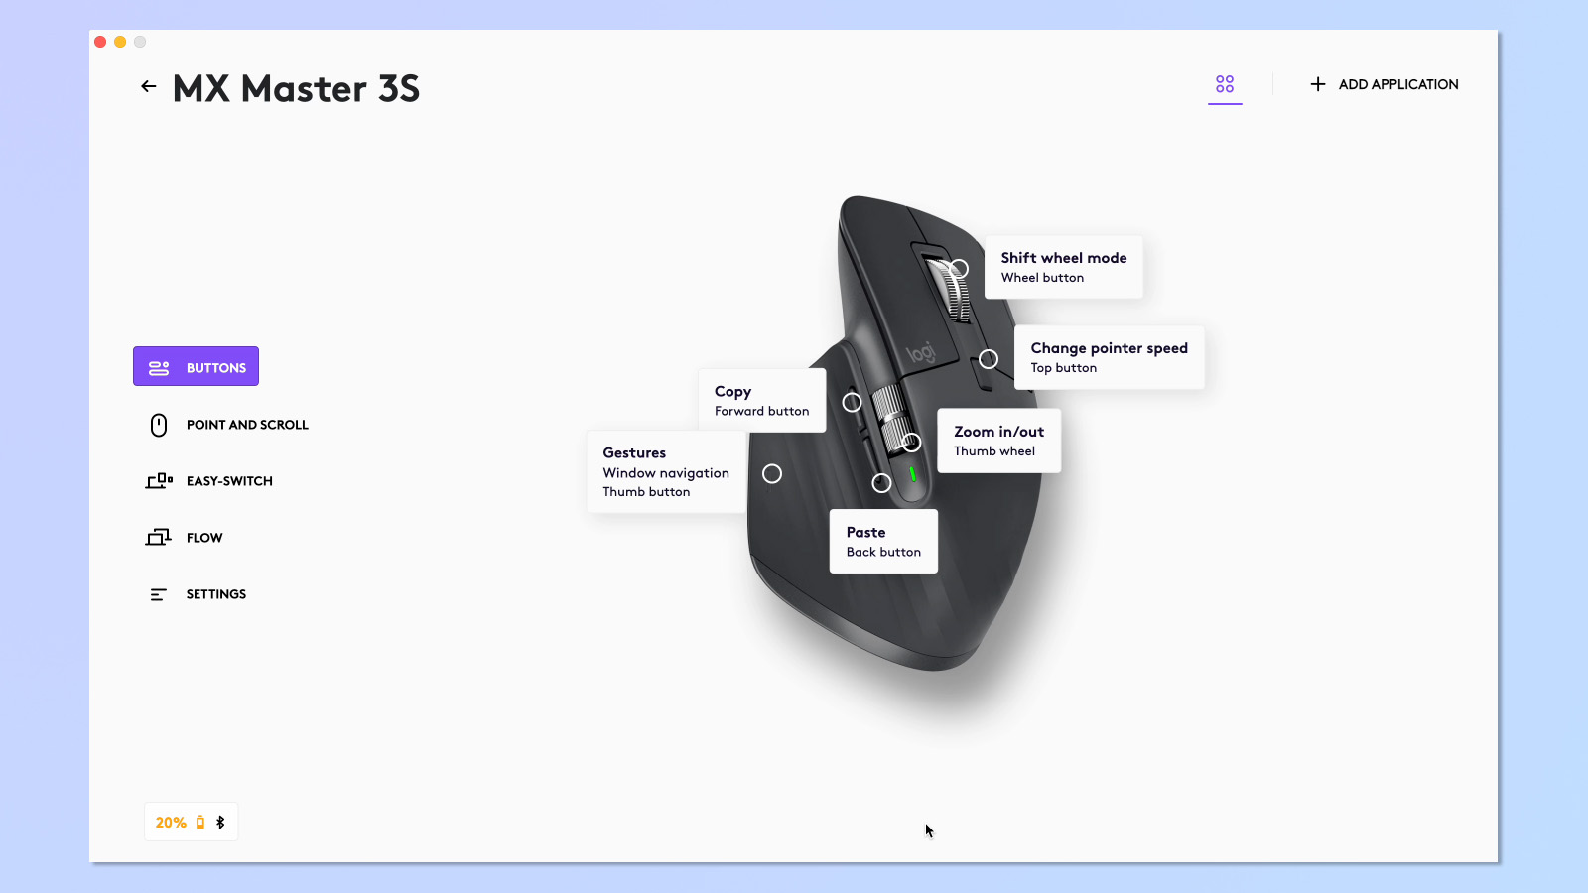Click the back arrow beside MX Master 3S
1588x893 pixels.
pos(149,87)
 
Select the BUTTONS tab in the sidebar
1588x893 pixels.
pos(197,367)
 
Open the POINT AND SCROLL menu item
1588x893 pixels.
pos(247,425)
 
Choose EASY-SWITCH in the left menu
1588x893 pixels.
pos(229,481)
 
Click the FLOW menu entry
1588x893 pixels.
pos(204,538)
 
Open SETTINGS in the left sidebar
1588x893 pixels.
pos(215,594)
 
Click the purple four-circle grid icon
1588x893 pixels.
pos(1225,84)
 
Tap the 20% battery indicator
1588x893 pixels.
pos(171,823)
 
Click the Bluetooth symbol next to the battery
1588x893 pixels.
pos(220,823)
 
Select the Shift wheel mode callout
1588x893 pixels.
pos(1063,267)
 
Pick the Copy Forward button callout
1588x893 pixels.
pos(761,401)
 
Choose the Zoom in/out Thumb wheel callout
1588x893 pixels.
pos(998,441)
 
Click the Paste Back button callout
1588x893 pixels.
pos(883,542)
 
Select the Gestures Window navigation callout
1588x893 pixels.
pos(666,472)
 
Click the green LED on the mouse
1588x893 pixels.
pos(913,474)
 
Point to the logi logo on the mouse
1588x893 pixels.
pos(921,353)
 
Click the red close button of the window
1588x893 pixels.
pos(100,42)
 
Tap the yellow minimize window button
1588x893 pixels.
pos(120,42)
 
